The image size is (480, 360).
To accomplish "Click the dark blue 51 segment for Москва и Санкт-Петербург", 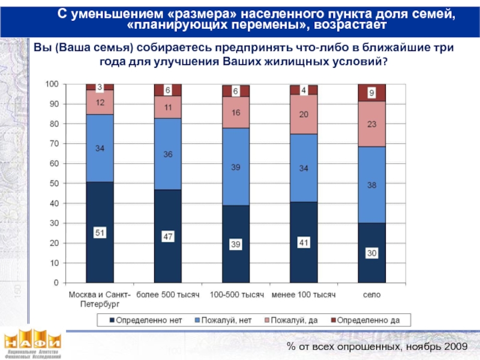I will pos(100,232).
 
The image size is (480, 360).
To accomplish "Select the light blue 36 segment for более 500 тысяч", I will pos(168,154).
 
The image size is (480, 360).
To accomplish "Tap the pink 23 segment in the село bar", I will pos(372,124).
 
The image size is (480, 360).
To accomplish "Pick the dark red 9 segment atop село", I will pos(372,93).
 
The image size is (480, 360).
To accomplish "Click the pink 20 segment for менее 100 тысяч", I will pos(304,114).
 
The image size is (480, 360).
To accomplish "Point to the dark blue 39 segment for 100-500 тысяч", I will pos(236,244).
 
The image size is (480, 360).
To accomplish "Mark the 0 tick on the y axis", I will pos(56,283).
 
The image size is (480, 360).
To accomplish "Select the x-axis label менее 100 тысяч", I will pos(304,295).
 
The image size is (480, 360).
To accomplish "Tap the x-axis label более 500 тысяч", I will pos(168,295).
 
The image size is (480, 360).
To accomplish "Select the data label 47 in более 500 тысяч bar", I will pos(168,237).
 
